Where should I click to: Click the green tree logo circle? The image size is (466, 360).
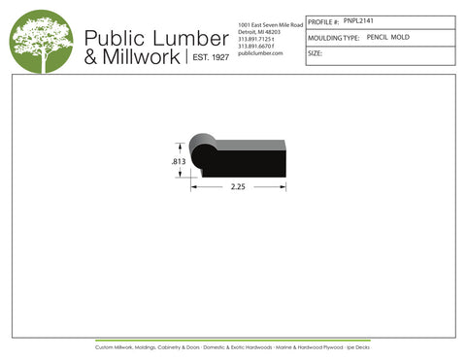(x=41, y=41)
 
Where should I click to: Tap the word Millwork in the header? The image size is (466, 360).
(x=140, y=57)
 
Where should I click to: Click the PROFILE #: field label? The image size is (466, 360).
(x=323, y=20)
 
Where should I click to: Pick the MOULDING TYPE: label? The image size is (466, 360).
(x=333, y=37)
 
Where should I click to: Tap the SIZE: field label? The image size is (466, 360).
(x=315, y=53)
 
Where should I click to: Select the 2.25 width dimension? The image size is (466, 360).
(x=238, y=187)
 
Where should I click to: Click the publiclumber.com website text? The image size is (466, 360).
(x=259, y=53)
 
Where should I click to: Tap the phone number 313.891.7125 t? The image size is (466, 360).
(x=257, y=39)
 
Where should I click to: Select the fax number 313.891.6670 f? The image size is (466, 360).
(x=257, y=46)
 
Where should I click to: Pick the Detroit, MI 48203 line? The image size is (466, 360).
(x=258, y=31)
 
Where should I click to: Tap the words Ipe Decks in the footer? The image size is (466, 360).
(x=356, y=346)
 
